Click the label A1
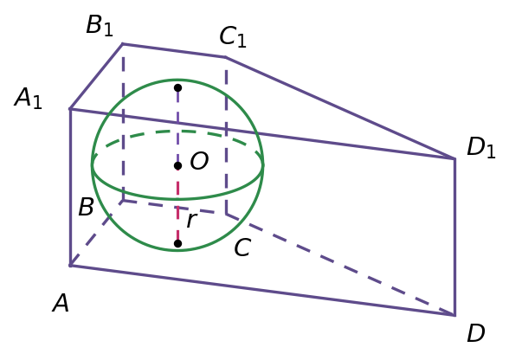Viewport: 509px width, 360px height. click(29, 99)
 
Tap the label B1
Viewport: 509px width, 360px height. click(100, 25)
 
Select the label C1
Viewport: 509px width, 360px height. click(233, 36)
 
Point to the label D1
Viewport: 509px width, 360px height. click(481, 148)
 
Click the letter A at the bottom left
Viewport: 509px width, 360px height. click(61, 303)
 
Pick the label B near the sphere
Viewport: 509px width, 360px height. click(86, 207)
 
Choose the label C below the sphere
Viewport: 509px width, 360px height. click(242, 247)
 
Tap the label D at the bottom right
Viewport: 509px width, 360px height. click(476, 332)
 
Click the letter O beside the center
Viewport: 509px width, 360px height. click(199, 161)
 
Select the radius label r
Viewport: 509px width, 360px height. click(191, 221)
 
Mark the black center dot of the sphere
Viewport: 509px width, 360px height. click(177, 166)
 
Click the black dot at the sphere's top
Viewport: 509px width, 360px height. click(177, 87)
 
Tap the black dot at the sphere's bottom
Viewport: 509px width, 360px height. click(177, 243)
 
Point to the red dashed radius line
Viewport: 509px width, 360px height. click(177, 204)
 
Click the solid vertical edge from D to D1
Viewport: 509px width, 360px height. click(454, 236)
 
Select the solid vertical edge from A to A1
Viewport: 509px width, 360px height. click(70, 187)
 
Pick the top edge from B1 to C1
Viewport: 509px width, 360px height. click(174, 50)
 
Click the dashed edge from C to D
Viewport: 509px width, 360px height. click(340, 265)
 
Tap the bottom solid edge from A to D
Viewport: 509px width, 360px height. click(262, 291)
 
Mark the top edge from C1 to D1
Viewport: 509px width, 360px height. click(340, 108)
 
